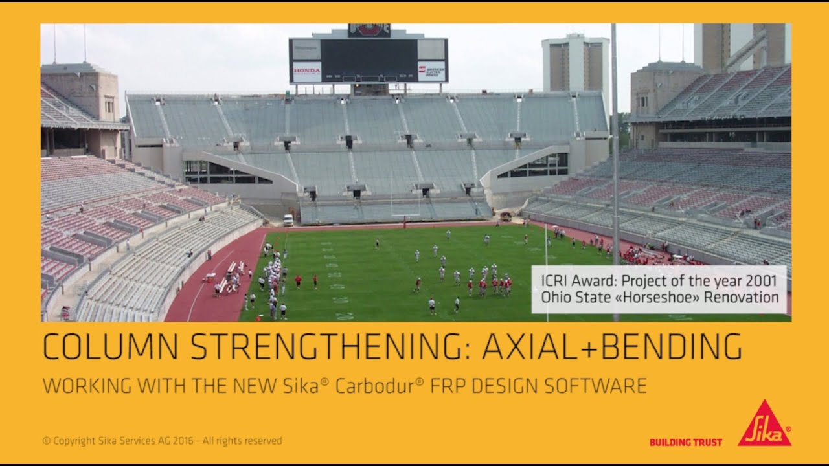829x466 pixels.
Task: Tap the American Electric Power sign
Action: pos(431,71)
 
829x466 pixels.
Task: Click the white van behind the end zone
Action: pos(288,219)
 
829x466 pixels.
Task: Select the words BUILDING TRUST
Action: pos(685,442)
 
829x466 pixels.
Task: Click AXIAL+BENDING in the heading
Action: pos(612,347)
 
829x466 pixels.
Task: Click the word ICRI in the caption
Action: pos(552,281)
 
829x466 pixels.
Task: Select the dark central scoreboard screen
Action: pos(369,60)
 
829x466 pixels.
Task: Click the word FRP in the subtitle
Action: pos(448,386)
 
